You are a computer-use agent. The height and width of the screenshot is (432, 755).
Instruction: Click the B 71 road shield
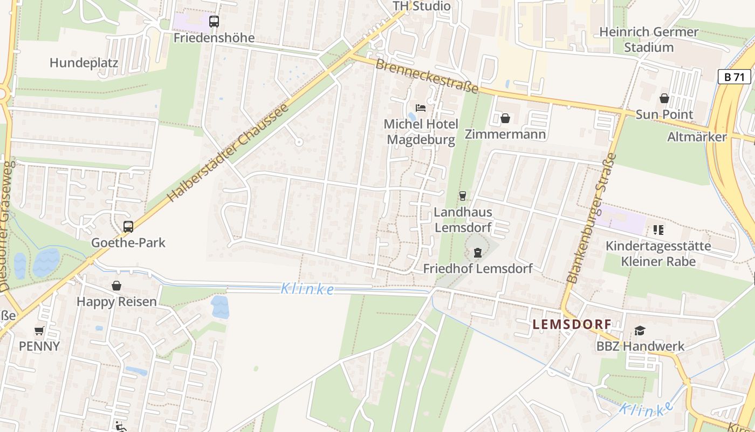pos(735,77)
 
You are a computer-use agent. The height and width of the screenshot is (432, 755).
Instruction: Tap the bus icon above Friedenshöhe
pos(214,22)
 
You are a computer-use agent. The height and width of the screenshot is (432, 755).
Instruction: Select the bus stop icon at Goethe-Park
pos(128,227)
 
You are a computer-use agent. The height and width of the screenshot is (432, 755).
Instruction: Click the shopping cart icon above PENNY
pos(39,330)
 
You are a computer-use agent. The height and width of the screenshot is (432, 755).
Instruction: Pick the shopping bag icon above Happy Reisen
pos(116,286)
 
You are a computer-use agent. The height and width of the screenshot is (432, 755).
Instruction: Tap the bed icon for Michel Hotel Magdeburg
pos(421,108)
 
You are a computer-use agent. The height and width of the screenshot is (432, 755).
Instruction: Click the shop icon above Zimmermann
pos(505,118)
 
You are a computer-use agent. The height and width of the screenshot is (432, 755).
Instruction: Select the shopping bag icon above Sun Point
pos(664,98)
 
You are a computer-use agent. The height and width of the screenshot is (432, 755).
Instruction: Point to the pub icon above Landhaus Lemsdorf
pos(462,196)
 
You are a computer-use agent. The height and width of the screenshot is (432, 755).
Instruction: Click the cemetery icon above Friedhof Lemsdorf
pos(477,252)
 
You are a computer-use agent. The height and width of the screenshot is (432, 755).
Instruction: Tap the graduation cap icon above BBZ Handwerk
pos(640,330)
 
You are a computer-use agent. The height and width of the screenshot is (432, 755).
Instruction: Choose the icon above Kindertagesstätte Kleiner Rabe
pos(658,230)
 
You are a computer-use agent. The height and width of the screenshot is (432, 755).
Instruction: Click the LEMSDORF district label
pos(572,325)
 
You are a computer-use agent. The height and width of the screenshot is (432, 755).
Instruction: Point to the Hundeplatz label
pos(84,63)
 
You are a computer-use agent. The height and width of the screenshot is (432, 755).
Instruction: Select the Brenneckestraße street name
pos(427,76)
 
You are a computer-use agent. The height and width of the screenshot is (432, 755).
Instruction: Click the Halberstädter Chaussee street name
pos(229,152)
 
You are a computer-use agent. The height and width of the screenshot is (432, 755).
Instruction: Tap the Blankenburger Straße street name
pos(592,218)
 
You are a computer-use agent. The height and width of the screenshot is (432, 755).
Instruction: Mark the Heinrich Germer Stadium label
pos(649,39)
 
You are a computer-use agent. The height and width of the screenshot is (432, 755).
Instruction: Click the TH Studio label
pos(421,6)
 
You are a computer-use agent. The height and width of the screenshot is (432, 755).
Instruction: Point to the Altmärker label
pos(697,137)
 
